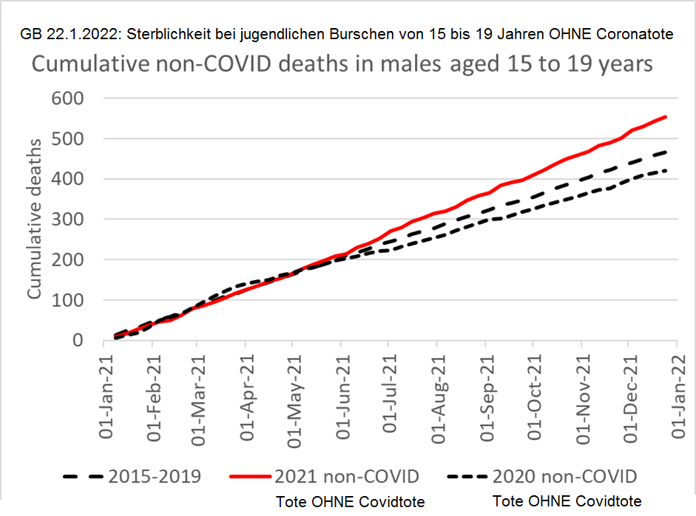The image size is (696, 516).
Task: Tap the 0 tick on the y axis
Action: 77,341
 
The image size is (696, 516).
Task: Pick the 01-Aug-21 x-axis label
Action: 445,396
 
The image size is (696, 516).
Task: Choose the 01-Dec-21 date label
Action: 638,396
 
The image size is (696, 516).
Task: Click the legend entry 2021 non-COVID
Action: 348,474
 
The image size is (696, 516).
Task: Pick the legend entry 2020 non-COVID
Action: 565,474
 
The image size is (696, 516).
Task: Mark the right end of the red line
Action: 666,117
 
